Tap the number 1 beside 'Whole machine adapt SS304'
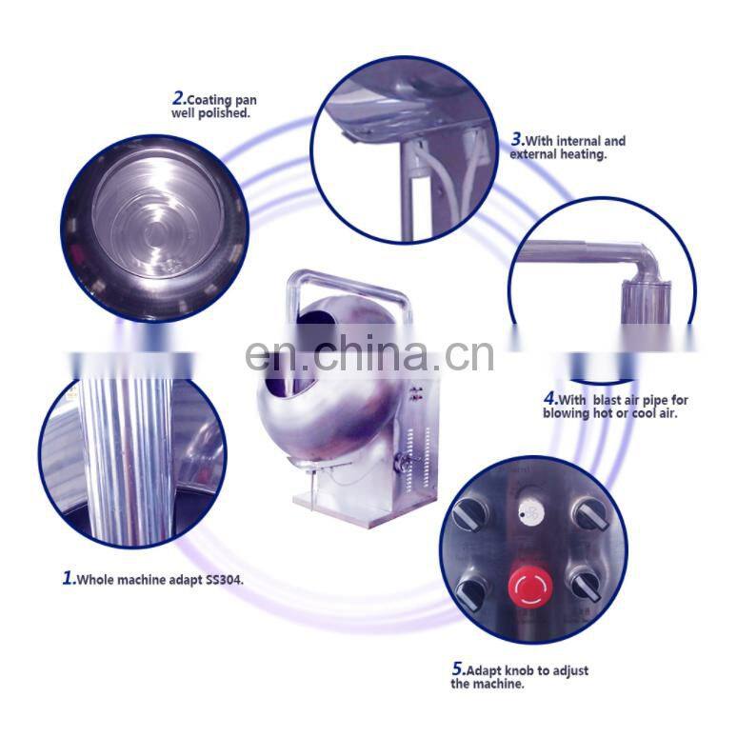tap(68, 577)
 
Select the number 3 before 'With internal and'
tap(517, 139)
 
